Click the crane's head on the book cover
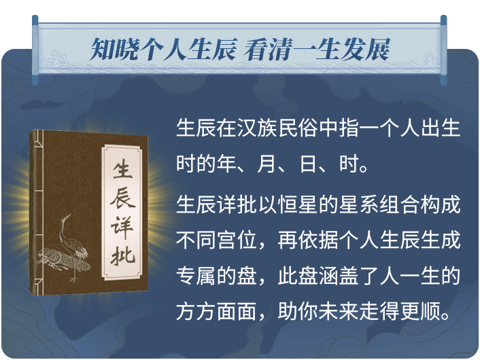pos(66,217)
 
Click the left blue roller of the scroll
pos(35,50)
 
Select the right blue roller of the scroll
pos(443,50)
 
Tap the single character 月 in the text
pos(267,164)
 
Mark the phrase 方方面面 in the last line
pos(216,311)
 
